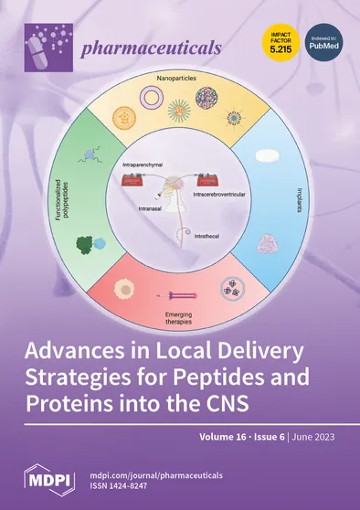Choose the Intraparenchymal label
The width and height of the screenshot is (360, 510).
(145, 165)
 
